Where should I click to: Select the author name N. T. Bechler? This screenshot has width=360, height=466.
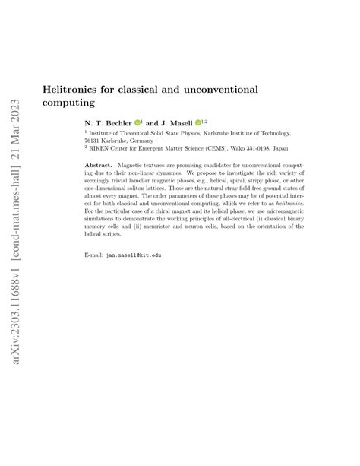[107, 122]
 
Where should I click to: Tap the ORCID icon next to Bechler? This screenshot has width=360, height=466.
[138, 122]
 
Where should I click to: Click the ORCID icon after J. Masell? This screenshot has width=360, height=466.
[197, 122]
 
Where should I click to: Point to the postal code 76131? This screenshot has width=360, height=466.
[93, 141]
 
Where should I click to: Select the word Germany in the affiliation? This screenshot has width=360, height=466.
[140, 141]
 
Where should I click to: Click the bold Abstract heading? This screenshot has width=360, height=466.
[98, 166]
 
